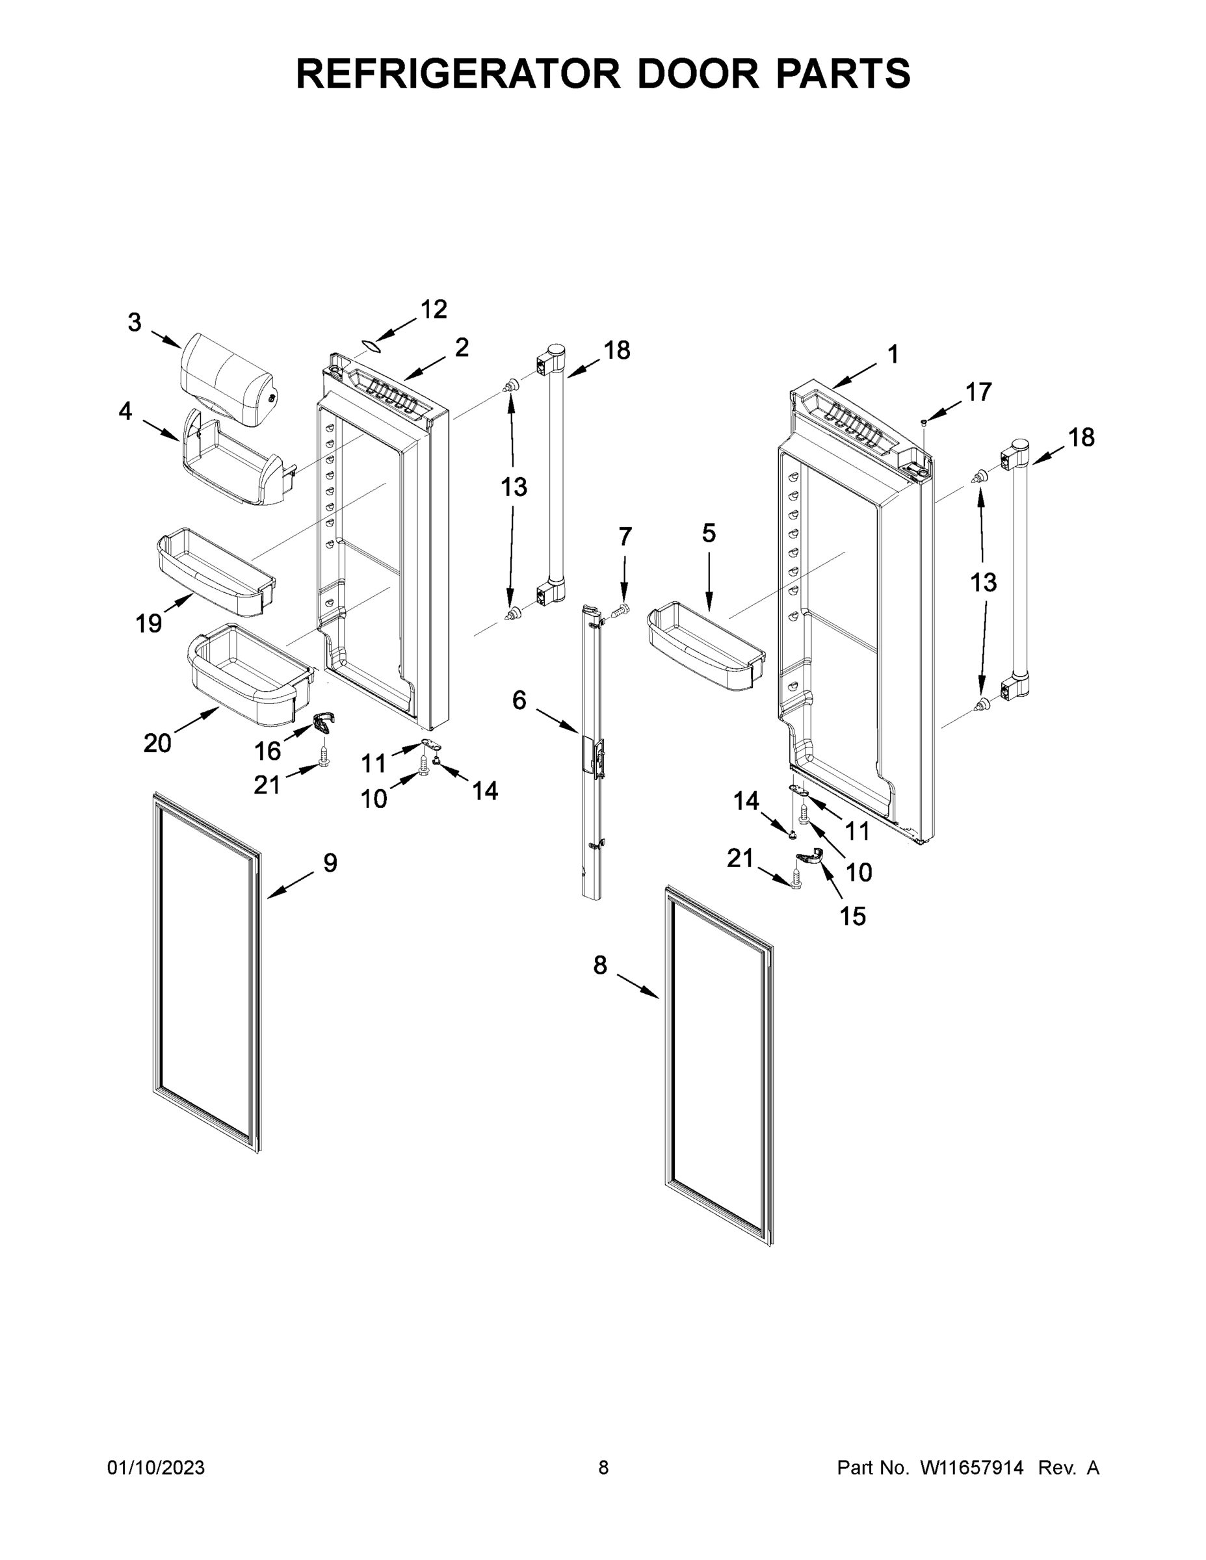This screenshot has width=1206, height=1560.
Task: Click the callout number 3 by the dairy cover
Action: pos(135,323)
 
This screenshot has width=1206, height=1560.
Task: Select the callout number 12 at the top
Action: pos(433,309)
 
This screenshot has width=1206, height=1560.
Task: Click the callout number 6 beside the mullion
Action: pos(519,700)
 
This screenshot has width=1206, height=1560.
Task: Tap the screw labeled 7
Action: pos(623,609)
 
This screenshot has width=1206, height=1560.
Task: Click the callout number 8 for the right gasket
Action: pos(600,965)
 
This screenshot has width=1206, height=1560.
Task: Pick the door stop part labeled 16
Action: pos(324,723)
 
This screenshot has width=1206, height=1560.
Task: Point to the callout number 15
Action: pos(852,916)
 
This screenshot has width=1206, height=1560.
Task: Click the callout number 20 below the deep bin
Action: pos(157,744)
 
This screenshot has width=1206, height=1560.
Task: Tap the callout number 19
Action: pos(149,623)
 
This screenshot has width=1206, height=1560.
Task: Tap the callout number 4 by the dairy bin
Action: pos(125,411)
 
